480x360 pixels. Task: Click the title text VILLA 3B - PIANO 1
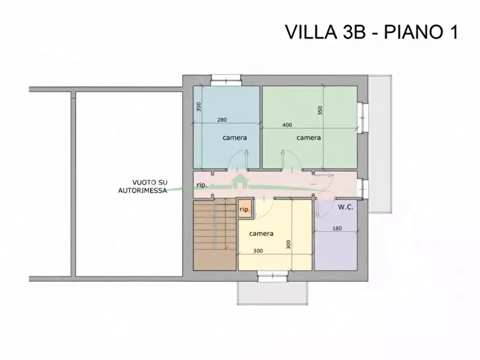pos(371,32)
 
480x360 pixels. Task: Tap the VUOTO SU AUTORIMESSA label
pos(142,186)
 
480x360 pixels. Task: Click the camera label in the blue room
pos(235,138)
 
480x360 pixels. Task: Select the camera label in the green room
pos(309,138)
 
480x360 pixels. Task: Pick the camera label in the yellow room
pos(262,234)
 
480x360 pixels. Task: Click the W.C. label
pos(346,207)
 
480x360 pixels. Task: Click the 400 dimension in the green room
pos(287,125)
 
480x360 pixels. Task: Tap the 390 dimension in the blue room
pos(198,106)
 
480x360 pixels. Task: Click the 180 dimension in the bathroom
pos(337,228)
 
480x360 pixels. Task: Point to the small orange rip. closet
pos(245,209)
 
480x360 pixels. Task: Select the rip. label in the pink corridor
pos(202,185)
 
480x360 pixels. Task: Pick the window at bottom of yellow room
pos(273,277)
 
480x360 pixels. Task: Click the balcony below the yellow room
pos(273,293)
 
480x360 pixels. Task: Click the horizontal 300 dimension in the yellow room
pos(259,251)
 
